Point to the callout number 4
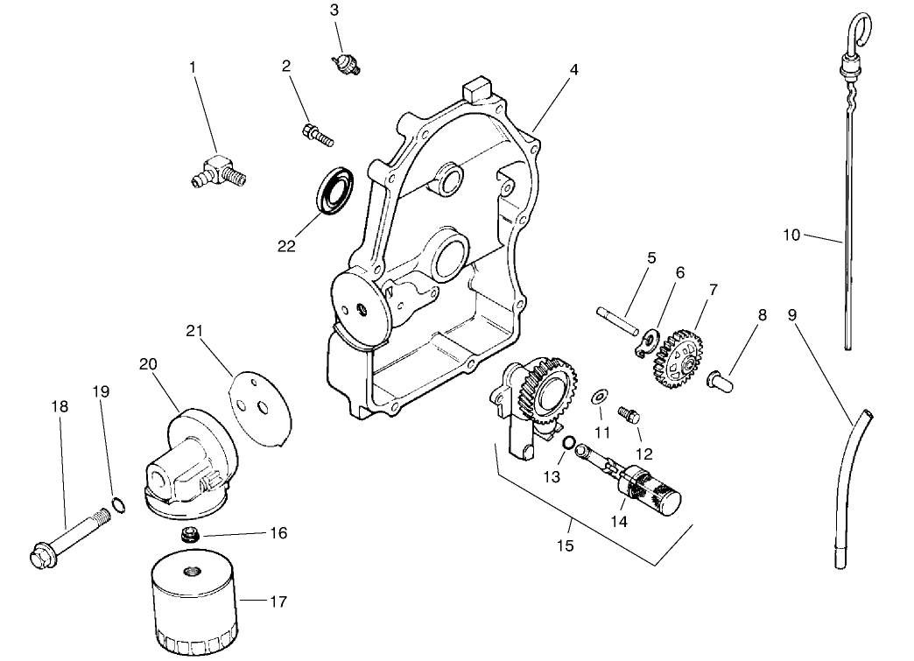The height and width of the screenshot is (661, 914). tap(573, 70)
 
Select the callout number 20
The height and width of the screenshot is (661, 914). tap(148, 363)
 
